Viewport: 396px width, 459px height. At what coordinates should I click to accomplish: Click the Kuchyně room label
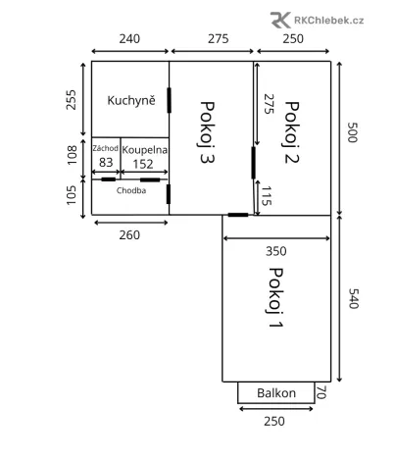pyautogui.click(x=131, y=99)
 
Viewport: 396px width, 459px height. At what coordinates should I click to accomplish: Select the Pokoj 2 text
pyautogui.click(x=290, y=130)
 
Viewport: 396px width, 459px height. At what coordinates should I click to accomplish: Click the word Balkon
pyautogui.click(x=276, y=393)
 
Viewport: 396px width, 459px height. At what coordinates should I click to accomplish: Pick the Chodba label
pyautogui.click(x=131, y=191)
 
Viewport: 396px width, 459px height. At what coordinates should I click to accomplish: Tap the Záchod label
pyautogui.click(x=106, y=149)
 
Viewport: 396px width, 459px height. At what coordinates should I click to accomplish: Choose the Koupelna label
pyautogui.click(x=145, y=149)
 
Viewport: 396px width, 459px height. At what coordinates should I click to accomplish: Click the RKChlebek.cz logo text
pyautogui.click(x=330, y=19)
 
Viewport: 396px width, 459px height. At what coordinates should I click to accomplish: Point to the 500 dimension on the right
pyautogui.click(x=353, y=134)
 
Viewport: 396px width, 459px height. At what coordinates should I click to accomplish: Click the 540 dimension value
pyautogui.click(x=353, y=297)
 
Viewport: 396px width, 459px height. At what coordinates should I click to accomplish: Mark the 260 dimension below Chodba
pyautogui.click(x=129, y=235)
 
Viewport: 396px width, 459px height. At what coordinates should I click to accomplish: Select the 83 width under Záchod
pyautogui.click(x=106, y=163)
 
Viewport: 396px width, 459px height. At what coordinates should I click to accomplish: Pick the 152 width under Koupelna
pyautogui.click(x=144, y=163)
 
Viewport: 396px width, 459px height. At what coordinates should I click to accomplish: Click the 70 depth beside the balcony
pyautogui.click(x=320, y=393)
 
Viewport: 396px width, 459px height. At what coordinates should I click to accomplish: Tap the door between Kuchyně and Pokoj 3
pyautogui.click(x=170, y=99)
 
